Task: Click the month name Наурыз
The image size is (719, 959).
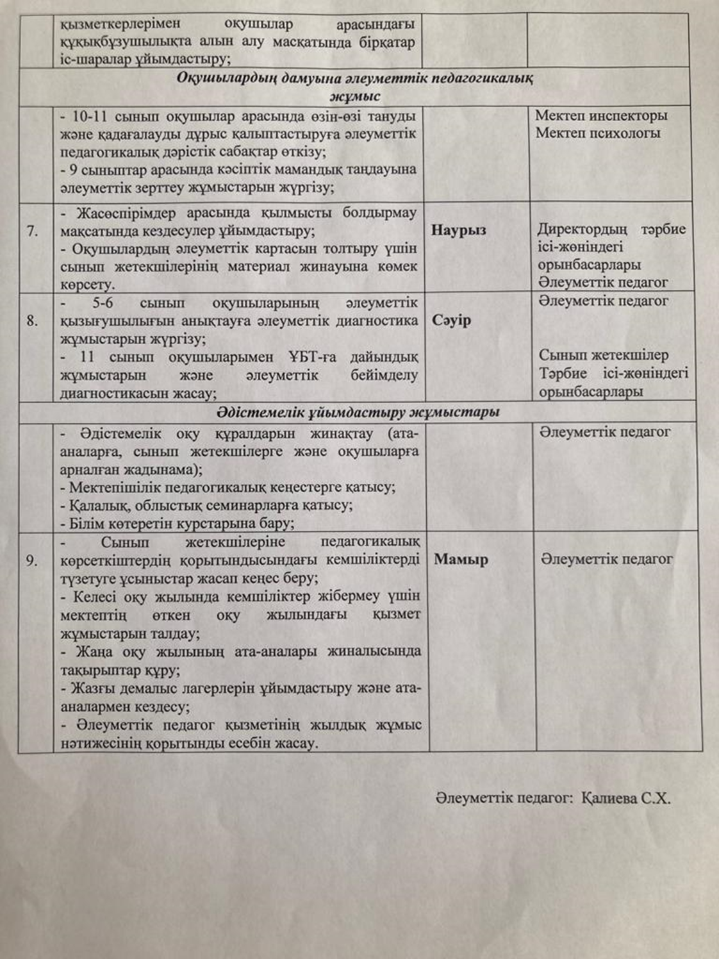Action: [458, 230]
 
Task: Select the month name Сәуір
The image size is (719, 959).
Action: [452, 319]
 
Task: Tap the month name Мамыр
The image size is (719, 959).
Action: [461, 559]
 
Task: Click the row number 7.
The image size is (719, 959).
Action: [33, 231]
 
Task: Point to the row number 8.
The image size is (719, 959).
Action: [33, 320]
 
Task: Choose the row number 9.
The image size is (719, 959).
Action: [32, 560]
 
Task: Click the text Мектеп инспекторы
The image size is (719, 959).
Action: [601, 115]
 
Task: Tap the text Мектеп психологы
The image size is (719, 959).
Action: [598, 133]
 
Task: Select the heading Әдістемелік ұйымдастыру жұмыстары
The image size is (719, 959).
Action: [358, 412]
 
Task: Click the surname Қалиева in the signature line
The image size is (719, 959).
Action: [609, 798]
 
